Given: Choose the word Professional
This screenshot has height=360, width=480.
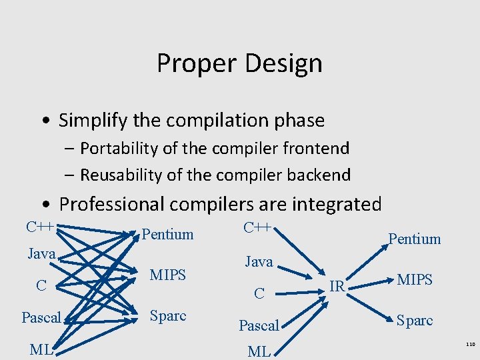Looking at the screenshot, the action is click(x=116, y=203).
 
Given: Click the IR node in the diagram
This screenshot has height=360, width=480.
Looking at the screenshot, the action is click(x=337, y=286).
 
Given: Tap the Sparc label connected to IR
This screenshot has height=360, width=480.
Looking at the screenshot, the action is click(x=414, y=321).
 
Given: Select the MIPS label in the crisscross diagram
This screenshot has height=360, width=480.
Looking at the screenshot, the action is click(x=167, y=274).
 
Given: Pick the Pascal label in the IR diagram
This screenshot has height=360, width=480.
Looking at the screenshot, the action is click(x=259, y=325).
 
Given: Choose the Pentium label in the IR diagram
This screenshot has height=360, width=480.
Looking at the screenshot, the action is click(x=414, y=239).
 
